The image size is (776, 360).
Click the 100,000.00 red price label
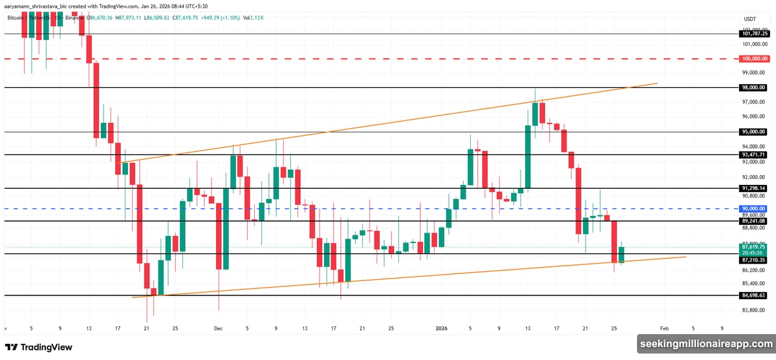click(x=753, y=58)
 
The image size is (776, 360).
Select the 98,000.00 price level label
click(x=753, y=87)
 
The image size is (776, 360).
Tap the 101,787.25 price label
click(x=753, y=34)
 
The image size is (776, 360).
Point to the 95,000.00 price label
click(x=753, y=132)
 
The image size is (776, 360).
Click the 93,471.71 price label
click(x=753, y=155)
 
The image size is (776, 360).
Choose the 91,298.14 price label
click(x=753, y=189)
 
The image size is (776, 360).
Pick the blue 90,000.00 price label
click(x=753, y=208)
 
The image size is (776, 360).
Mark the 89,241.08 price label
click(x=753, y=221)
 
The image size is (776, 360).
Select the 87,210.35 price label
click(x=753, y=260)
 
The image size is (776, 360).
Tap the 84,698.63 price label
click(x=753, y=295)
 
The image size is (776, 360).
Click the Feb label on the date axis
click(x=665, y=328)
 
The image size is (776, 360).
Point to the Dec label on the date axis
click(x=218, y=328)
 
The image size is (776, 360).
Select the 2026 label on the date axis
click(x=442, y=328)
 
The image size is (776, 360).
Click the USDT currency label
click(x=750, y=19)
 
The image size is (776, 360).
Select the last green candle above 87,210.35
click(x=621, y=254)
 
